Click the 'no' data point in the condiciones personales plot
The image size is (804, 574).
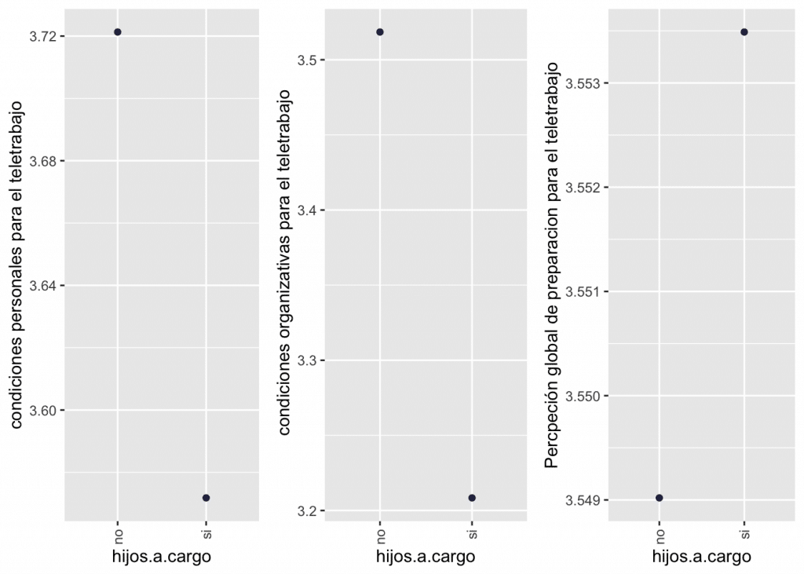[118, 32]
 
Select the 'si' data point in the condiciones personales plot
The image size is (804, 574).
[206, 498]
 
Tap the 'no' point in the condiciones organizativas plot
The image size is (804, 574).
[380, 32]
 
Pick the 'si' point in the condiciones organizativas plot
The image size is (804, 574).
[472, 498]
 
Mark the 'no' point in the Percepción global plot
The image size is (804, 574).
[660, 498]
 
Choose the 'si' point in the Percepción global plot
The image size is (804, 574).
[744, 32]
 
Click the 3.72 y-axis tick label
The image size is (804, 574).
[43, 37]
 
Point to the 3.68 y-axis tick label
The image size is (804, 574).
[43, 162]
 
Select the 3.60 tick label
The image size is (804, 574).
[43, 411]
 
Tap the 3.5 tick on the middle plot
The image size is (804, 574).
[307, 60]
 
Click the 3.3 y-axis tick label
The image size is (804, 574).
[307, 361]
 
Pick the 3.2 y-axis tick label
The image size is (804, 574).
[307, 511]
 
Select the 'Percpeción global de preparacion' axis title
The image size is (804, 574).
[552, 267]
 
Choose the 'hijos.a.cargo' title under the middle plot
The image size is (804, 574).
[426, 557]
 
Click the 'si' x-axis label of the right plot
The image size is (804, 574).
[744, 535]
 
